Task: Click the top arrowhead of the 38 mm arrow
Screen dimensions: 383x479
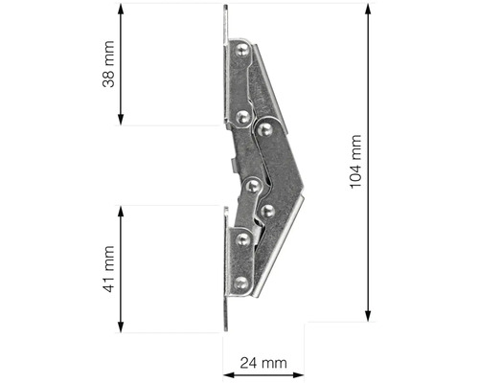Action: (122, 9)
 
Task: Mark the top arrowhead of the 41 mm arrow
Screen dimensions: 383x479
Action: (122, 209)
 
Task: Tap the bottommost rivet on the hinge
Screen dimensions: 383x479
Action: (241, 283)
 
